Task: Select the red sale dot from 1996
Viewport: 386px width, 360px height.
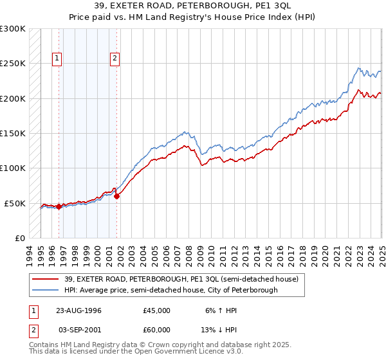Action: click(x=59, y=206)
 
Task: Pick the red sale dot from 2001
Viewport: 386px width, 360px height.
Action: click(x=116, y=196)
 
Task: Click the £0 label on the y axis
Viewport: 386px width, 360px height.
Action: click(x=19, y=239)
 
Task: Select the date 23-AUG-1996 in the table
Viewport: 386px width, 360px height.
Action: click(x=78, y=310)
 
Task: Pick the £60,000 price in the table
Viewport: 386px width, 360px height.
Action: click(x=157, y=330)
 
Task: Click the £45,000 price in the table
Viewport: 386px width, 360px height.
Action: click(x=157, y=310)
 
